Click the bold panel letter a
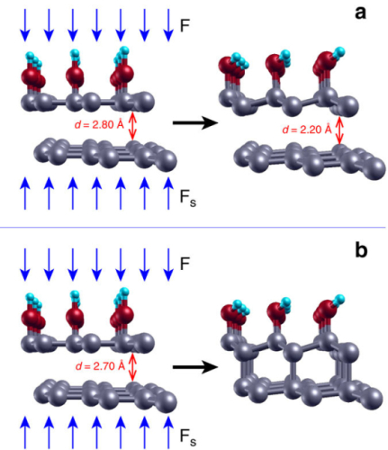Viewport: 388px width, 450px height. tap(360, 13)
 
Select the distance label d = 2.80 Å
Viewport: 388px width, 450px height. tap(99, 124)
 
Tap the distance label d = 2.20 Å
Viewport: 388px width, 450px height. tap(307, 130)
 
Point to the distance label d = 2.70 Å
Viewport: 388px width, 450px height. tap(100, 366)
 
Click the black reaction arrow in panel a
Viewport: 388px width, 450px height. tap(195, 122)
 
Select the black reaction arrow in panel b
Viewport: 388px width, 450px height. tap(195, 366)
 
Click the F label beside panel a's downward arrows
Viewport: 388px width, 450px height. tap(185, 25)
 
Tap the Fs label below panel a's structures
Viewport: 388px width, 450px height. tap(188, 198)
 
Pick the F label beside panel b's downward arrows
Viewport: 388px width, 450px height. tap(185, 264)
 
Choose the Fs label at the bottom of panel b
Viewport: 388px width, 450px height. tap(188, 436)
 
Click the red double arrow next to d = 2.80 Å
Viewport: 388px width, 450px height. tap(132, 126)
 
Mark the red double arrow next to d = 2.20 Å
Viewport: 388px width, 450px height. tap(339, 130)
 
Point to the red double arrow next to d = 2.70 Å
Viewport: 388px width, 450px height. tap(132, 367)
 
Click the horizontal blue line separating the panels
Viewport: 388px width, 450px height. tap(193, 228)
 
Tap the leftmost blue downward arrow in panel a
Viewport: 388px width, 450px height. tap(25, 25)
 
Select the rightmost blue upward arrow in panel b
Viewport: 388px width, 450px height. tap(168, 431)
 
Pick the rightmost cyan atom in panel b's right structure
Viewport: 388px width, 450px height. tap(339, 300)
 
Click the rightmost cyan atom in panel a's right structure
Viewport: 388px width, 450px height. tap(339, 51)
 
